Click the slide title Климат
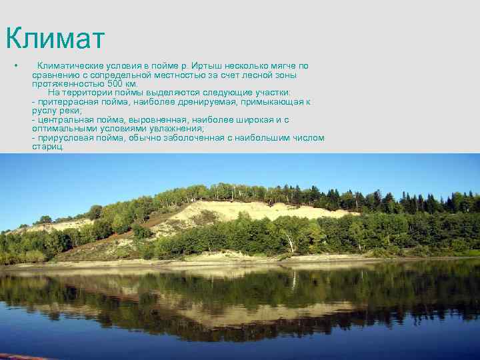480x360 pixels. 55,39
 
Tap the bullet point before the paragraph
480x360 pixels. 14,66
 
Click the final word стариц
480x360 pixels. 47,147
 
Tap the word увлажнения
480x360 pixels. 176,129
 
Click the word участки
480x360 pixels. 272,93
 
